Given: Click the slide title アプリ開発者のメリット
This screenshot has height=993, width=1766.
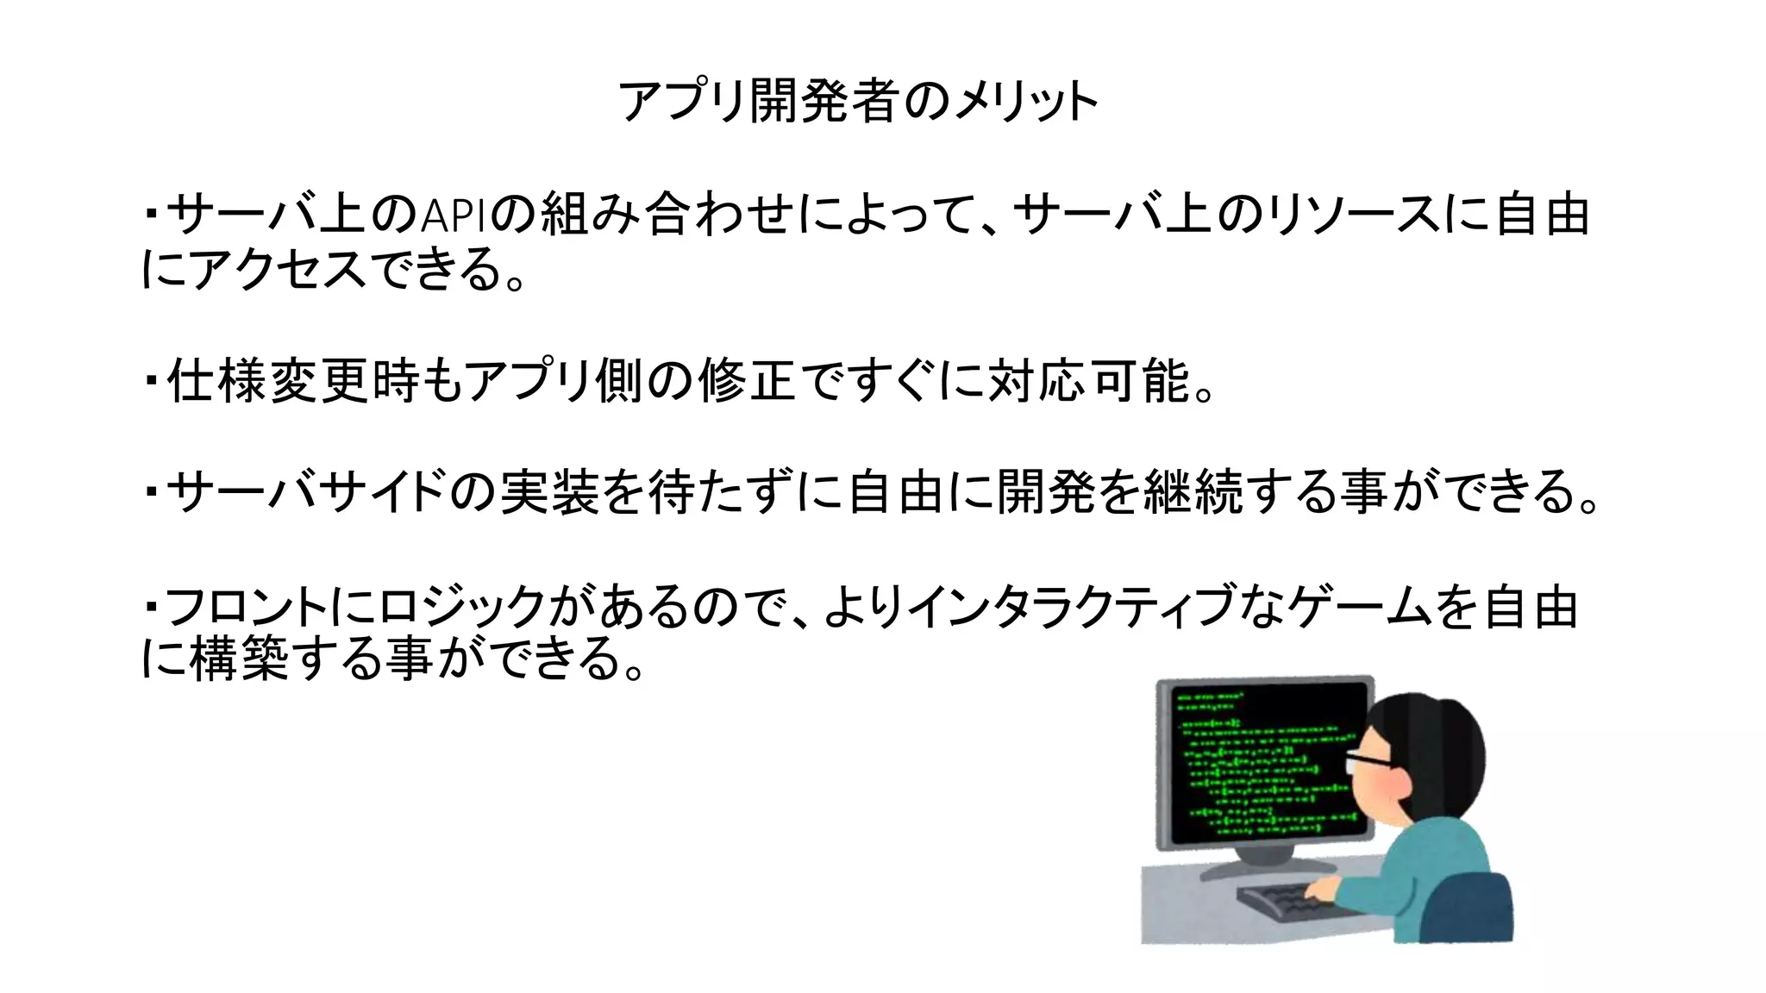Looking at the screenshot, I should [x=858, y=102].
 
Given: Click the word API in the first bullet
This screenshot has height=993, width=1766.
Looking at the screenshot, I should [x=454, y=215].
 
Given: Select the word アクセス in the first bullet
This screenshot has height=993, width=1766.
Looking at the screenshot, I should [x=277, y=269].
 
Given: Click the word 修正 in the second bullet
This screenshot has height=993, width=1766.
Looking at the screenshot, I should [x=747, y=380].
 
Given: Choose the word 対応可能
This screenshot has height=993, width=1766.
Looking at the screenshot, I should [x=1089, y=380].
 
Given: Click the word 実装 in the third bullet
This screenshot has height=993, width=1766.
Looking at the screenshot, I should [x=549, y=491].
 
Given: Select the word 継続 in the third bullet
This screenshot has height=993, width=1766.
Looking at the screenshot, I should [x=1193, y=491].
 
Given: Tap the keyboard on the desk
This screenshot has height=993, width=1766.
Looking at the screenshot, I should [x=1285, y=900].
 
